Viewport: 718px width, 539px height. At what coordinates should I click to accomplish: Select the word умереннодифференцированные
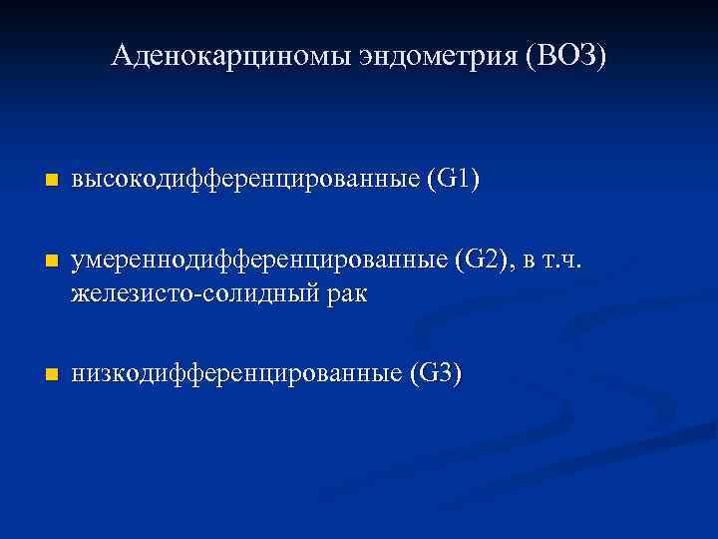click(258, 262)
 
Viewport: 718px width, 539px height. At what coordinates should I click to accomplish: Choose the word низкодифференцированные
click(235, 374)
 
